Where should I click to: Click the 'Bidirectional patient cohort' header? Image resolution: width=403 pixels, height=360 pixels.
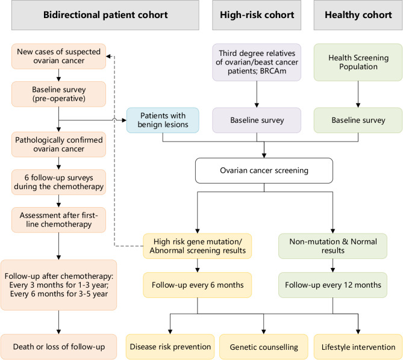(x=105, y=15)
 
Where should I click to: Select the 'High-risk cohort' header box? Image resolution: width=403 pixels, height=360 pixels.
(x=257, y=15)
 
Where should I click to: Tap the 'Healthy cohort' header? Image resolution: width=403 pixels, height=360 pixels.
(x=358, y=15)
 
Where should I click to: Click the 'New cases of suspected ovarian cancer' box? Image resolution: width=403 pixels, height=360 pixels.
(x=58, y=56)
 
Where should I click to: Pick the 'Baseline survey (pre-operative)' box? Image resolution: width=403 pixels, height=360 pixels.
(x=58, y=94)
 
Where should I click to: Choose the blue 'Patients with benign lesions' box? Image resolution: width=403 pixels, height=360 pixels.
(x=163, y=120)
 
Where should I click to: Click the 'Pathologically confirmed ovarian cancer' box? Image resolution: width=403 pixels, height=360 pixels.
(x=58, y=144)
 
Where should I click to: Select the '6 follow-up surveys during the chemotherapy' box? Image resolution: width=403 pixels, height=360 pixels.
(x=58, y=182)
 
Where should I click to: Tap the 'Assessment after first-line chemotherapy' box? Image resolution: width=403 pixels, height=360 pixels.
(x=58, y=220)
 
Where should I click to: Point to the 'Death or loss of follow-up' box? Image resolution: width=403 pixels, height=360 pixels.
(x=58, y=347)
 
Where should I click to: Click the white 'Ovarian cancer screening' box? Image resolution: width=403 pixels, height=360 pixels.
(x=264, y=170)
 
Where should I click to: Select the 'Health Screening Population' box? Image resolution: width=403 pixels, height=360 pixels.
(x=358, y=62)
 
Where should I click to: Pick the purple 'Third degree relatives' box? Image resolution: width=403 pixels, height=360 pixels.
(x=257, y=62)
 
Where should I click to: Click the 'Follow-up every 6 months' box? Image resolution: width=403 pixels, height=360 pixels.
(x=198, y=285)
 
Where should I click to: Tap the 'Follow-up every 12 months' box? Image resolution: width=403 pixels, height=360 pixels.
(x=333, y=285)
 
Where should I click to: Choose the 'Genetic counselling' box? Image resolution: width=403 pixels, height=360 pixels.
(x=264, y=347)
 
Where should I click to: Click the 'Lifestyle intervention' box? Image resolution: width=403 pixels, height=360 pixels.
(x=358, y=347)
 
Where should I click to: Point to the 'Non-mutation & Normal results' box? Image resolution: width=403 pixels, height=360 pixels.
(x=333, y=246)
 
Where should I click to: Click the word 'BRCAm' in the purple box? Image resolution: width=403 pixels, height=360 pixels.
(x=273, y=71)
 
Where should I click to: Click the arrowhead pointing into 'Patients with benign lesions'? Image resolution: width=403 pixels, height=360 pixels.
(x=124, y=120)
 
